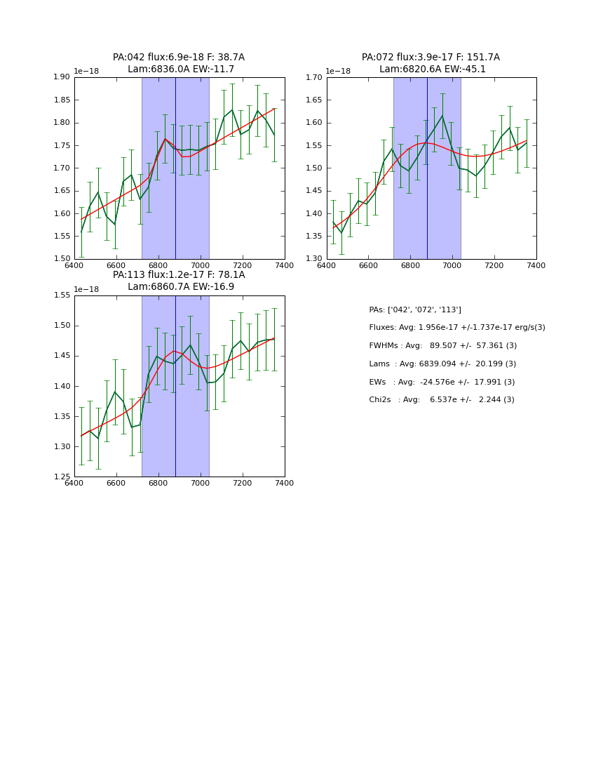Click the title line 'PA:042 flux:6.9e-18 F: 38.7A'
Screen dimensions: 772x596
[x=179, y=58]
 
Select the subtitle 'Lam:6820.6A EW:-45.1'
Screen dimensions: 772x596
[x=432, y=69]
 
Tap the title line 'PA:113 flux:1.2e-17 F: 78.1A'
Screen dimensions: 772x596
[x=179, y=275]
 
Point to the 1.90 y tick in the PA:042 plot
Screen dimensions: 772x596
[x=62, y=77]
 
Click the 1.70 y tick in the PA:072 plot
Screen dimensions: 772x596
[x=314, y=77]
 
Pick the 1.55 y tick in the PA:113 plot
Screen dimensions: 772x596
[x=62, y=295]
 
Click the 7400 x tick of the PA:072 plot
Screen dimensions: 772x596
[x=536, y=265]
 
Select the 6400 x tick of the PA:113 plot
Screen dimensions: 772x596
[x=74, y=483]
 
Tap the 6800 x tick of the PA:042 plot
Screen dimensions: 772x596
[x=158, y=265]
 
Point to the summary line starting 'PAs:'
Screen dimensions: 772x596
[x=415, y=310]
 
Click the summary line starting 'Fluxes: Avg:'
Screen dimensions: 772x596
[x=457, y=328]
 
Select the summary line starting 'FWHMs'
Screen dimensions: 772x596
[x=443, y=346]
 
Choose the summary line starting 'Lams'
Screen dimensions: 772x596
[x=442, y=364]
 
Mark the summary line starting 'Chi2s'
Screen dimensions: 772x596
[x=442, y=400]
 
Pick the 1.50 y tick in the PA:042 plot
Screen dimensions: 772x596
[x=62, y=259]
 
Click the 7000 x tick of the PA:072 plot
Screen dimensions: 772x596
[x=452, y=265]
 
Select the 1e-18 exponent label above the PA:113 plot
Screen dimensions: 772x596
[x=86, y=289]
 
